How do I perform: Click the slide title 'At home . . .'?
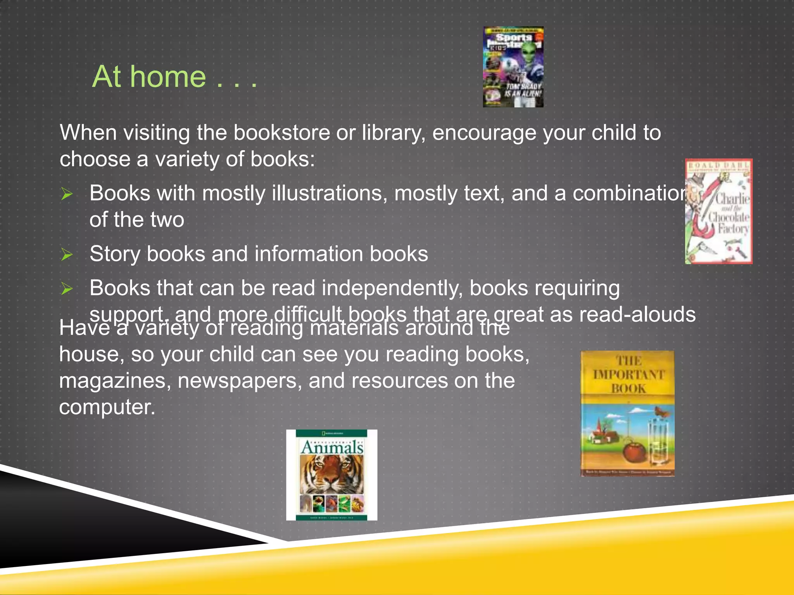pos(174,77)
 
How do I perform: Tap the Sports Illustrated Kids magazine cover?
pos(513,67)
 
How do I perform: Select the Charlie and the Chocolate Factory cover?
pos(718,212)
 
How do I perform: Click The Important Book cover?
pos(627,413)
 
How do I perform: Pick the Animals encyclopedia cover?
pos(332,475)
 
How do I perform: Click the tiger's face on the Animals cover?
pos(332,475)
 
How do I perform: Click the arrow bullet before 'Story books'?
pos(67,255)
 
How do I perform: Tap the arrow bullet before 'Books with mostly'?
pos(67,194)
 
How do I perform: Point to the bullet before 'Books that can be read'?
pos(67,289)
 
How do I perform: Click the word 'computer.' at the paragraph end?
pos(107,407)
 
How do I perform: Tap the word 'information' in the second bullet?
pos(309,254)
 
